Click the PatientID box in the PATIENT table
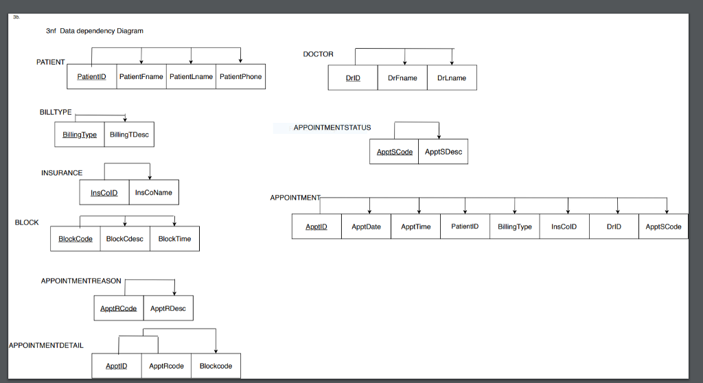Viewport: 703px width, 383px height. click(91, 77)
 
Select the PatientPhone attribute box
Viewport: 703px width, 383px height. click(240, 77)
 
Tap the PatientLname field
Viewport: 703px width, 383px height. click(191, 77)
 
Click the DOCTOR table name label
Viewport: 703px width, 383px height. click(318, 54)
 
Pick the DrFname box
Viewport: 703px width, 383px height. click(402, 78)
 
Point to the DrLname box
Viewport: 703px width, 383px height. click(452, 78)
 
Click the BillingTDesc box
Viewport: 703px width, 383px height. click(129, 135)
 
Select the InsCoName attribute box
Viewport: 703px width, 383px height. click(154, 193)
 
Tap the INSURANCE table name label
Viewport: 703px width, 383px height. click(62, 173)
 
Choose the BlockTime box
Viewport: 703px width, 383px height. click(174, 239)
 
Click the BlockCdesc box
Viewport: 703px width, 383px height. click(125, 239)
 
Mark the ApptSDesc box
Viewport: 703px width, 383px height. click(443, 152)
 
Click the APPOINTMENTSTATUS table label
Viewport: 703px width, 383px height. click(332, 128)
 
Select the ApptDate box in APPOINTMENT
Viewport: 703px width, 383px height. click(366, 227)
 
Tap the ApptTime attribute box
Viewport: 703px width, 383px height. click(416, 227)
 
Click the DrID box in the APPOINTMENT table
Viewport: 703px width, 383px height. click(614, 227)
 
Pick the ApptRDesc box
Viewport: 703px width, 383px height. click(168, 309)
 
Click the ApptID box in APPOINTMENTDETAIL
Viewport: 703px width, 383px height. click(116, 367)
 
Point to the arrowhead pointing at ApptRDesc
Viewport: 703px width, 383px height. click(175, 293)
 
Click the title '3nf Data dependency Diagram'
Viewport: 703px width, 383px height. click(95, 31)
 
